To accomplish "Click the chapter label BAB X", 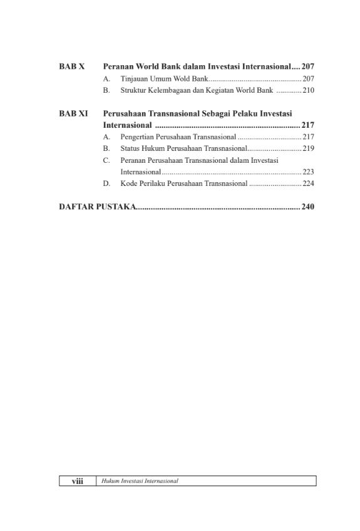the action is click(x=71, y=66).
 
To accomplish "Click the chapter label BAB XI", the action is click(x=73, y=113).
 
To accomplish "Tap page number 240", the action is click(x=307, y=207).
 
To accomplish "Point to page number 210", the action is click(x=308, y=91).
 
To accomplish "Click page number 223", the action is click(x=308, y=172).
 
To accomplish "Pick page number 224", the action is click(x=308, y=183).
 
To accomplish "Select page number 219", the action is click(x=308, y=148).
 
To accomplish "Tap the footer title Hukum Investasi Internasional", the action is click(x=140, y=481).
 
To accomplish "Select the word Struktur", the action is click(x=133, y=91).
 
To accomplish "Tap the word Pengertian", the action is click(x=138, y=137).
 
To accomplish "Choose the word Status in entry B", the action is click(x=130, y=148).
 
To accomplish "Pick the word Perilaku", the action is click(x=152, y=183).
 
